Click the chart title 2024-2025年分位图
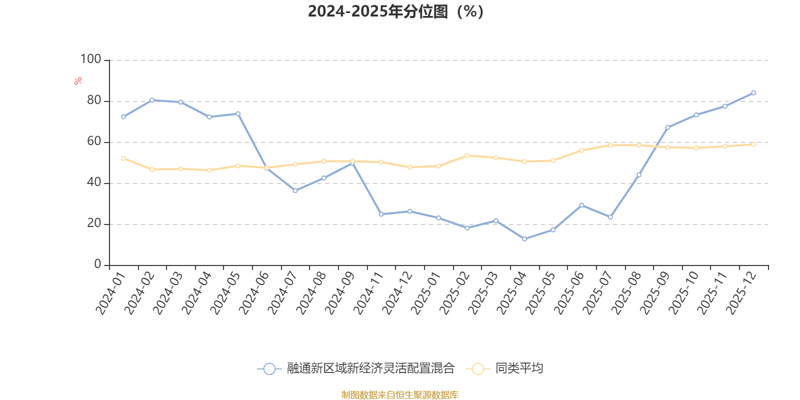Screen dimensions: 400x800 pyautogui.click(x=395, y=11)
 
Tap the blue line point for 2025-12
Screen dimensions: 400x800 pyautogui.click(x=753, y=93)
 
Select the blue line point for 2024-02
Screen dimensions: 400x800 pyautogui.click(x=152, y=100)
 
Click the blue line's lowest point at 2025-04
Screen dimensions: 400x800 pyautogui.click(x=524, y=239)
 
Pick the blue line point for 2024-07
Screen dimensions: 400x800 pyautogui.click(x=295, y=190)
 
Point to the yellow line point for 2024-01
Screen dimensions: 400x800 pyautogui.click(x=123, y=158)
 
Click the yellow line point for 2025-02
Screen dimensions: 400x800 pyautogui.click(x=467, y=155)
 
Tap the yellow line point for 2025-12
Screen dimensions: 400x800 pyautogui.click(x=753, y=144)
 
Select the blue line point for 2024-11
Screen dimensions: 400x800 pyautogui.click(x=381, y=214)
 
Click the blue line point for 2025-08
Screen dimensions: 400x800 pyautogui.click(x=639, y=175)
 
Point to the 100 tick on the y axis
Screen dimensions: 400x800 pyautogui.click(x=90, y=59)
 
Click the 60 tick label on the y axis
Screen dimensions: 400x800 pyautogui.click(x=94, y=141)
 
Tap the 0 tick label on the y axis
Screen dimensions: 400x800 pyautogui.click(x=97, y=264)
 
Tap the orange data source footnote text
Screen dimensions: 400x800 pyautogui.click(x=399, y=395)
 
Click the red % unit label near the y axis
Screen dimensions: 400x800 pyautogui.click(x=77, y=81)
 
